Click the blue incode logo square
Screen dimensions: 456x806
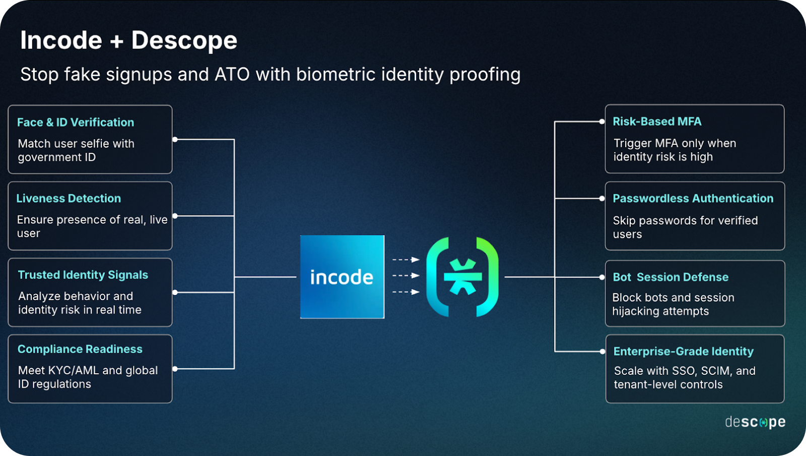point(342,276)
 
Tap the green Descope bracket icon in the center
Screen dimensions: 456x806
point(462,276)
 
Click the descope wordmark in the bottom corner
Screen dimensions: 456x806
point(755,422)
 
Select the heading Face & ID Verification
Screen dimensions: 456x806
point(76,122)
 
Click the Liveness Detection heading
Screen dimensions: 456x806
point(69,198)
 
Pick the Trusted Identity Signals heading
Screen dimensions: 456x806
point(83,275)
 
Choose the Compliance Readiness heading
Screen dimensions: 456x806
point(80,349)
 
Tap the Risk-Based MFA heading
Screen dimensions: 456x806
point(657,122)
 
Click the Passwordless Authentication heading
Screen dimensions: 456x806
point(693,198)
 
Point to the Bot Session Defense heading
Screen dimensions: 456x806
point(670,277)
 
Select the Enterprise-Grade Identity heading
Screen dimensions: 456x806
point(683,351)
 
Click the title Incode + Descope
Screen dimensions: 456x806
point(128,40)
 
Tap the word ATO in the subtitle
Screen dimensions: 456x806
point(232,75)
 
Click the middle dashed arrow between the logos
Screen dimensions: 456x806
point(406,275)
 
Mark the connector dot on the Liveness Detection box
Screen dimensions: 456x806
point(175,216)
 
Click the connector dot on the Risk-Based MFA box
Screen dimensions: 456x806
point(602,122)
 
